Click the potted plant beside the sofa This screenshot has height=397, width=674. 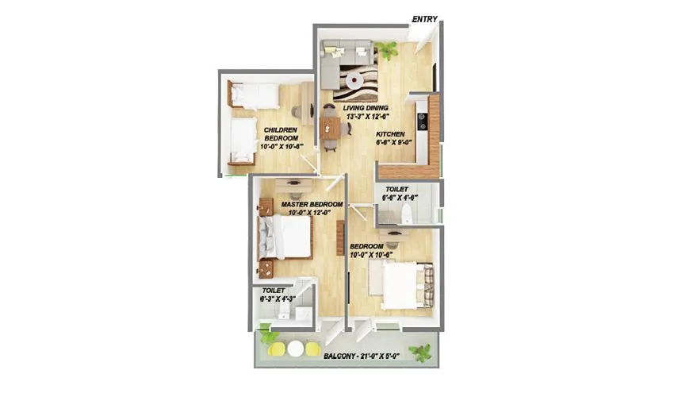[388, 49]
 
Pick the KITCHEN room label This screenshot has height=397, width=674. [390, 134]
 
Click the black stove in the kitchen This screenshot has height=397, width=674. [421, 121]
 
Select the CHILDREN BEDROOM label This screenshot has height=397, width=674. [280, 133]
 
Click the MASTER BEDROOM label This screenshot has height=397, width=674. [312, 204]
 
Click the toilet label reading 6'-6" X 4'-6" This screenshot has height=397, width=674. [400, 194]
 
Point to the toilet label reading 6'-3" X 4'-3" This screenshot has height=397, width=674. [278, 296]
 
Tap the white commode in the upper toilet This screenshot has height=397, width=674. [406, 212]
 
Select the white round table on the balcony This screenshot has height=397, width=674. [295, 348]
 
